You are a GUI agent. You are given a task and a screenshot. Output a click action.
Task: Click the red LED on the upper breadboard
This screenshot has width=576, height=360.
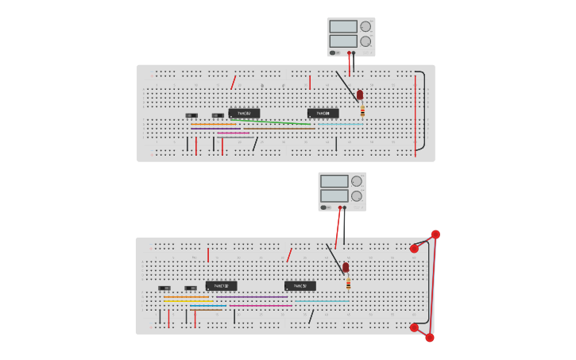(x=360, y=95)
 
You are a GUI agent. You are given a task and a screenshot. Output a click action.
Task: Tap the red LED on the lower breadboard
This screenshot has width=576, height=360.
(x=346, y=268)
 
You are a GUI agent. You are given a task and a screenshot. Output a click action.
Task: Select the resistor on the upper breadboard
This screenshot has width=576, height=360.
(x=362, y=110)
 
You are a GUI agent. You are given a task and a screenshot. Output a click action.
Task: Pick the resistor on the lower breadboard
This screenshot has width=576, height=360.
(x=348, y=282)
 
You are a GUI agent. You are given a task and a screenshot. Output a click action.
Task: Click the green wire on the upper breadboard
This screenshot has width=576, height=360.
(x=270, y=122)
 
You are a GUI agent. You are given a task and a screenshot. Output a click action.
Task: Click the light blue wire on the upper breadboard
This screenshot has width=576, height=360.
(x=340, y=124)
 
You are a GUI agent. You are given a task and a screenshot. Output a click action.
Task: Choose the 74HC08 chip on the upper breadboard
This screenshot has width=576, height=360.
(x=323, y=114)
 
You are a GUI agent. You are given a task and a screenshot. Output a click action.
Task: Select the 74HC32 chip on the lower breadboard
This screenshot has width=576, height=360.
(x=300, y=286)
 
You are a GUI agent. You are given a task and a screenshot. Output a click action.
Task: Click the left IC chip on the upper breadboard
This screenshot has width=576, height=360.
(x=244, y=114)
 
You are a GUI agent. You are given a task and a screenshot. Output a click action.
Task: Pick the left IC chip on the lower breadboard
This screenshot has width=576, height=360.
(x=222, y=286)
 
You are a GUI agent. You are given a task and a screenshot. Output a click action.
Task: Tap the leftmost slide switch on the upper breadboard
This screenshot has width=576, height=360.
(x=191, y=116)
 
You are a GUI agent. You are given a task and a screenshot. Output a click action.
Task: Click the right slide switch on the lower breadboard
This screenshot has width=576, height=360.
(x=191, y=288)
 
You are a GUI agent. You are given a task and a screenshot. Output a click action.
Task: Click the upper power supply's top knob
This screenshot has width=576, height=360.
(x=365, y=26)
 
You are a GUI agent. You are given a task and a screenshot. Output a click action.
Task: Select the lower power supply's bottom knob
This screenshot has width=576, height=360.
(x=357, y=196)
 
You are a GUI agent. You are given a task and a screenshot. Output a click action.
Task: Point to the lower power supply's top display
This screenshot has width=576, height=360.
(x=334, y=181)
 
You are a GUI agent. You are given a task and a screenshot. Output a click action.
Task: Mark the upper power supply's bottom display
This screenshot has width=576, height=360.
(x=343, y=41)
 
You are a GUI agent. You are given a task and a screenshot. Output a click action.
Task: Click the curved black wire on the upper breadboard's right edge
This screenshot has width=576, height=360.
(x=424, y=111)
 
